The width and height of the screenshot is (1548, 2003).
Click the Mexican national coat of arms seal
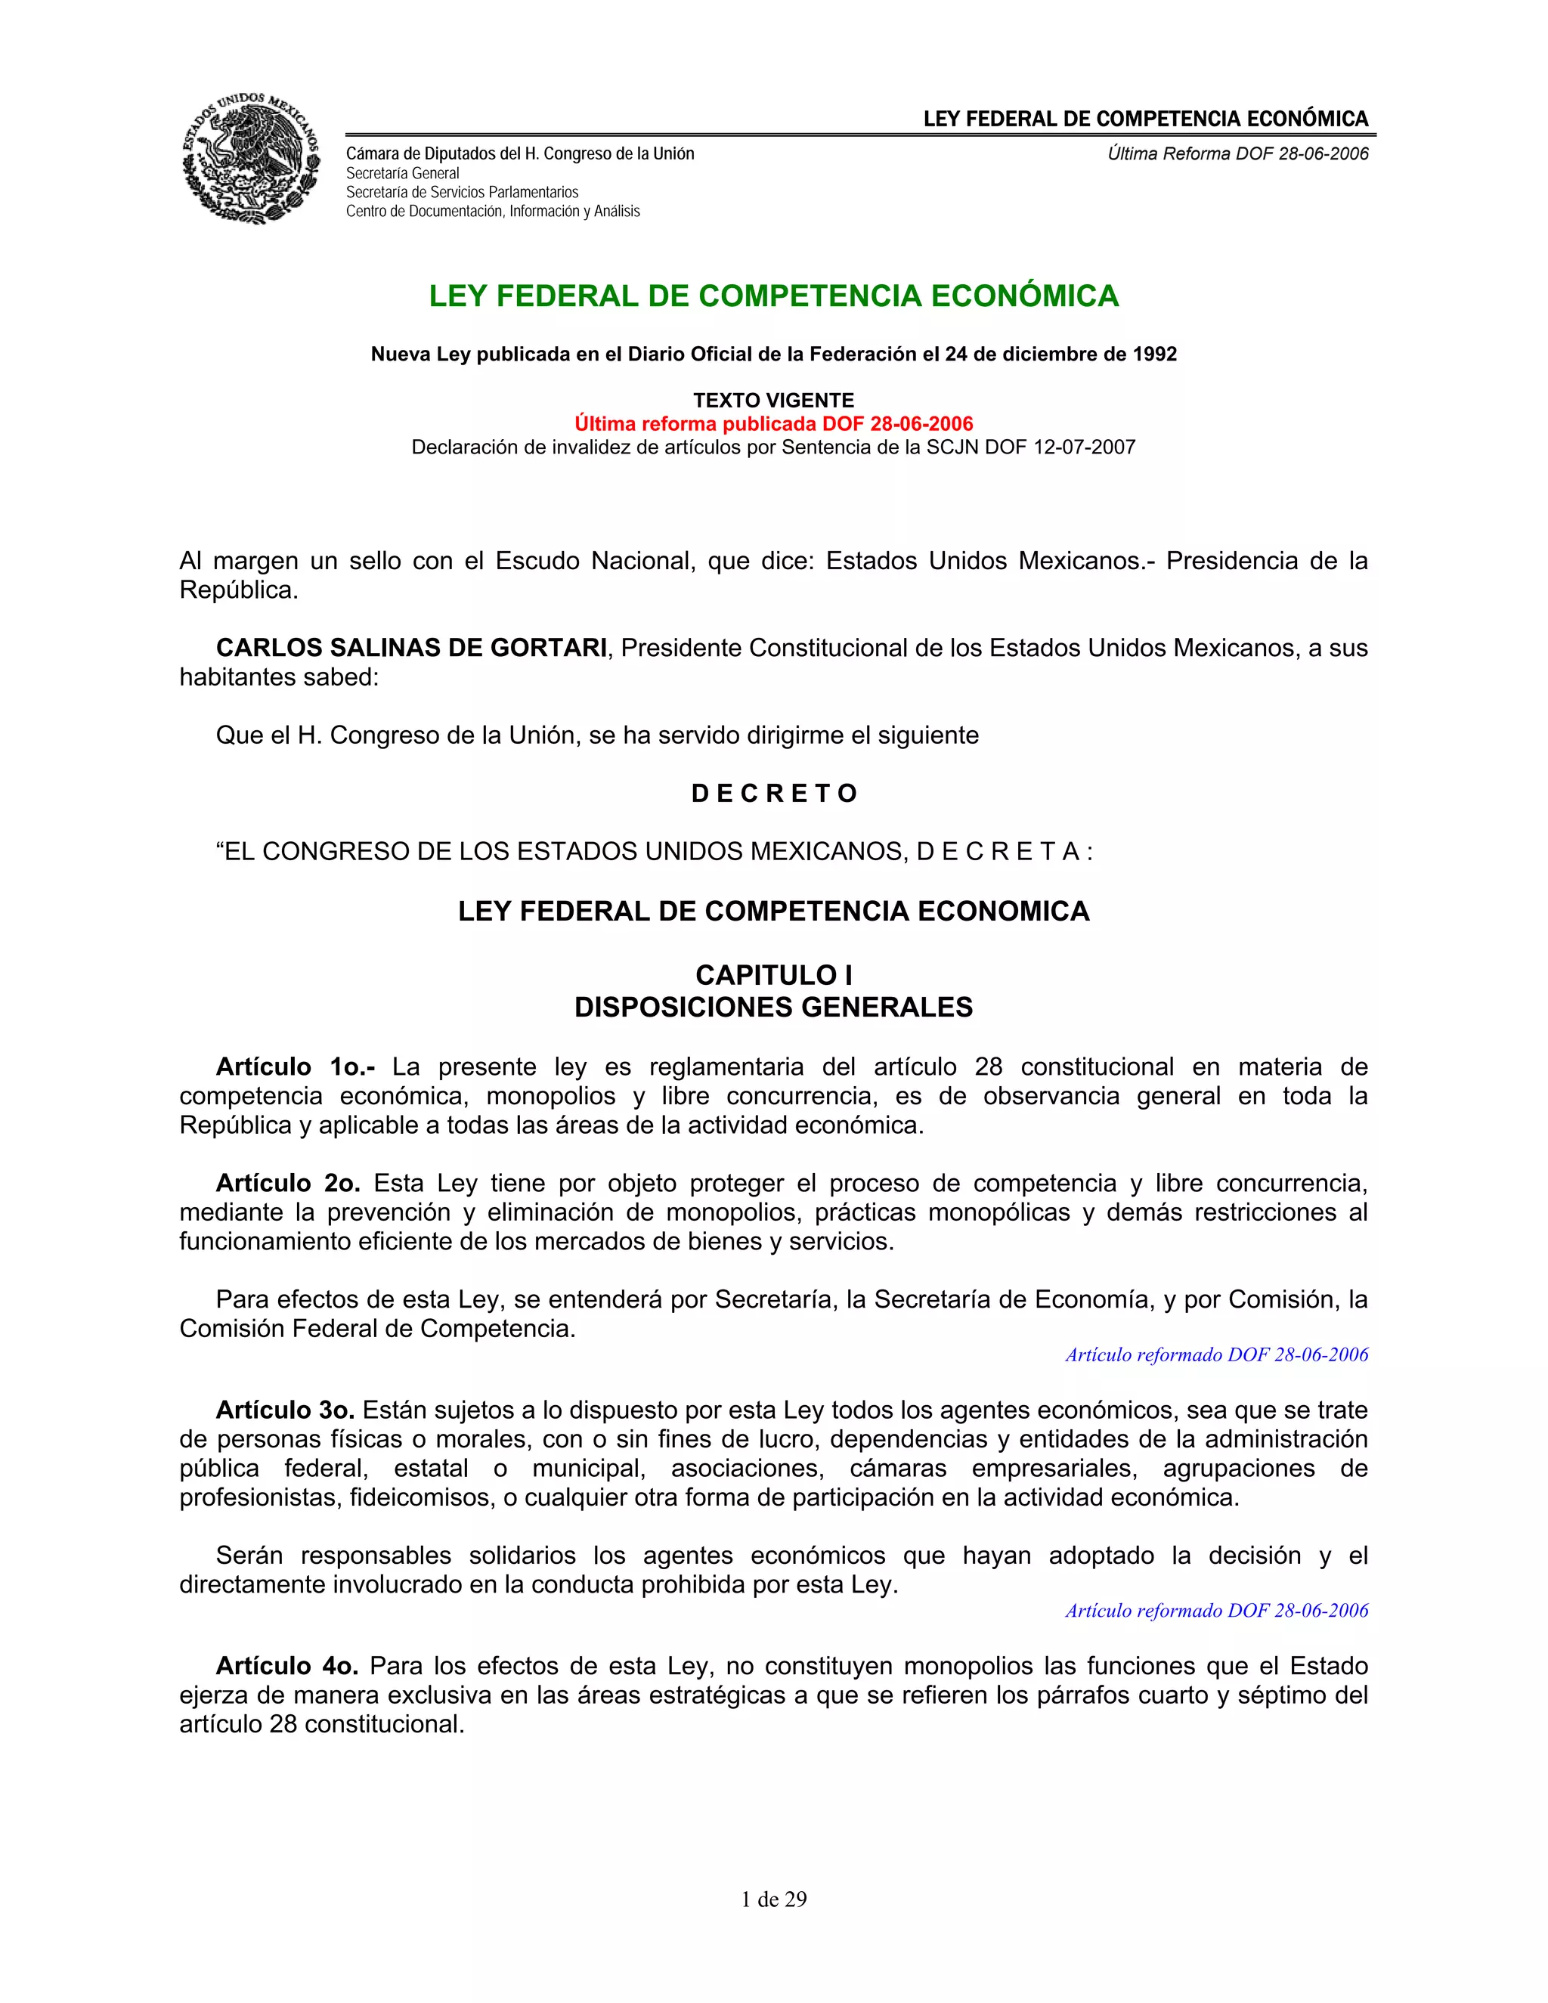(x=251, y=158)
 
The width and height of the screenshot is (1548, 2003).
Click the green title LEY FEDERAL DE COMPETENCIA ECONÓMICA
(x=773, y=296)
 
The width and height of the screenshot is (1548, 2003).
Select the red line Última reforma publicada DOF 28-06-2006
(x=773, y=424)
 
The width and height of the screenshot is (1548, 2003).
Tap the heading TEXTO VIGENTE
(x=773, y=400)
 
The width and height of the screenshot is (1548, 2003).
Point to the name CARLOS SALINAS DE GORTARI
(x=411, y=648)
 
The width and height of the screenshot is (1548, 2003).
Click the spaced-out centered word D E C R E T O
(x=773, y=794)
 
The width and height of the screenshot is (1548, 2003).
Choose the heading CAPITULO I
(x=773, y=975)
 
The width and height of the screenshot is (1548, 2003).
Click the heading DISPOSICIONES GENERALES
(x=773, y=1007)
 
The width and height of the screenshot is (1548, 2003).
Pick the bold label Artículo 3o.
(x=287, y=1410)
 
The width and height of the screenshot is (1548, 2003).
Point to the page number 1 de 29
(x=773, y=1899)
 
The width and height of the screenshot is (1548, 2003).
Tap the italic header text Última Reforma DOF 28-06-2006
(x=1237, y=154)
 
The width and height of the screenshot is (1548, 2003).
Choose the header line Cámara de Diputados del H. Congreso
(x=520, y=154)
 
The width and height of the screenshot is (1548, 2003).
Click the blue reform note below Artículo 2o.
(x=1216, y=1354)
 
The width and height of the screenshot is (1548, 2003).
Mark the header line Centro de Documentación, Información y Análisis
(x=493, y=212)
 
